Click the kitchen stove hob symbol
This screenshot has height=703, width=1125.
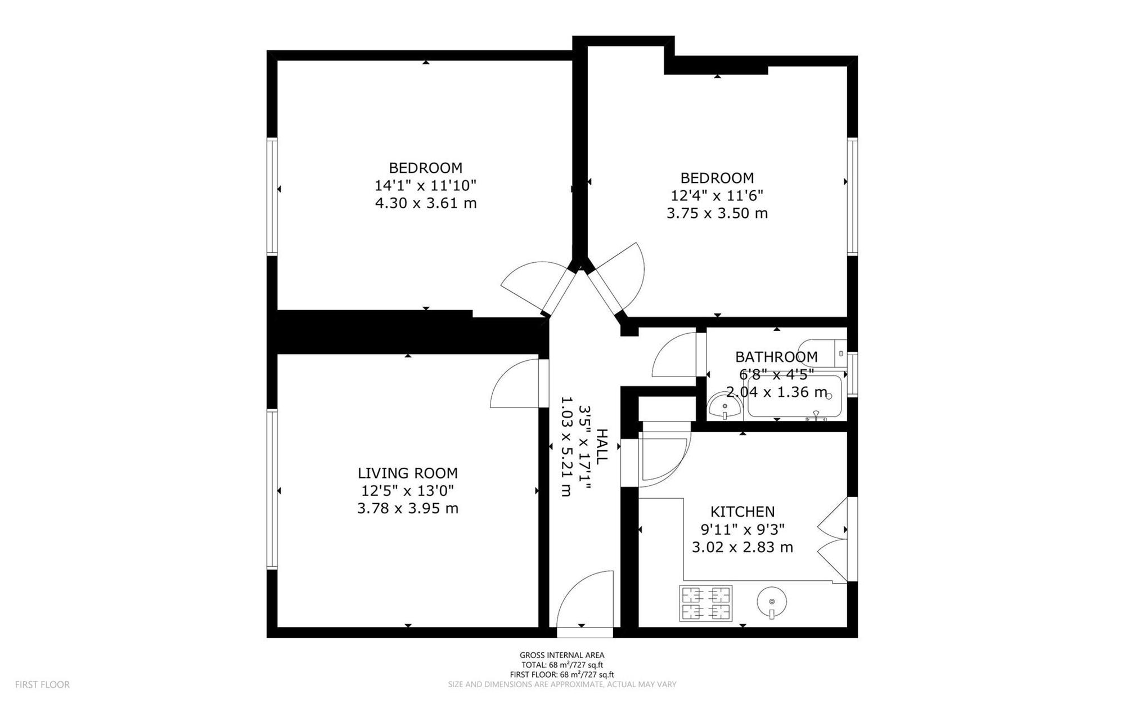706,603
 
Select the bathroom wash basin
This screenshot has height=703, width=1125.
724,406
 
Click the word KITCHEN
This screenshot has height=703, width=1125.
742,512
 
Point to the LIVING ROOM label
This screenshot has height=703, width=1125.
408,473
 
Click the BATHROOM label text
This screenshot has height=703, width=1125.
776,357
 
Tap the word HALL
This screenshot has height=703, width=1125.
601,446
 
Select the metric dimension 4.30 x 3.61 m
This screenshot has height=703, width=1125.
426,203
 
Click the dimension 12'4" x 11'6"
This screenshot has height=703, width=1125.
717,195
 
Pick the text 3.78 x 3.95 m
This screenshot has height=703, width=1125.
408,509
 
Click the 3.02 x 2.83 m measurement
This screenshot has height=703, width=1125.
742,547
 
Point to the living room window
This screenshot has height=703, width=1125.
272,489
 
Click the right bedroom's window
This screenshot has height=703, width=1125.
852,196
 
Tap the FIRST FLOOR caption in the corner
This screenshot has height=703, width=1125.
42,685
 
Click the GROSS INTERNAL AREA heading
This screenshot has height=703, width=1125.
562,655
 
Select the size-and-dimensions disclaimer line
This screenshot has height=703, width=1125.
562,684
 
